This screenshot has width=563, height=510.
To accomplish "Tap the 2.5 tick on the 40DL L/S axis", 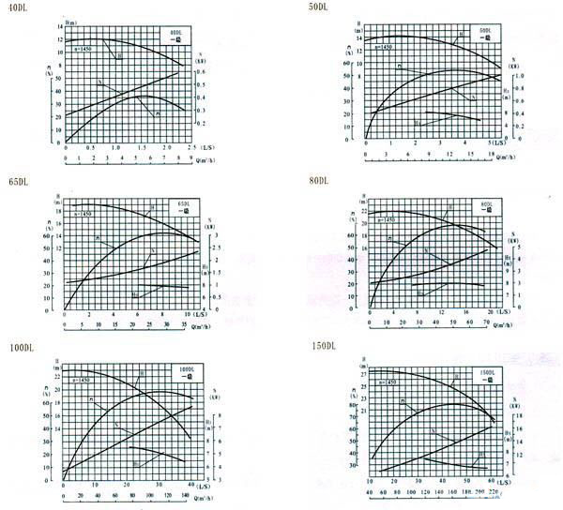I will [191, 148].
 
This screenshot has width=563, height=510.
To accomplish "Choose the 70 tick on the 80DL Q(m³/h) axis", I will [487, 322].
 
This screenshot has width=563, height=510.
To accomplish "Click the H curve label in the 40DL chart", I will [119, 58].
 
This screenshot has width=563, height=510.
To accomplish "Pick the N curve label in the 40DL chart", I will [100, 83].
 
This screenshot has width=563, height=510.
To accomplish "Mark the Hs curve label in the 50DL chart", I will [418, 122].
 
